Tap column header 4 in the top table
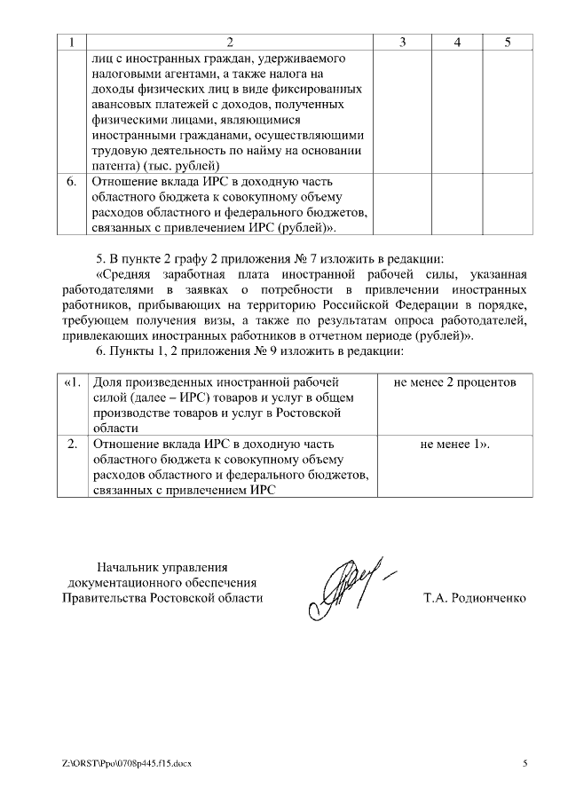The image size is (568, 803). (457, 42)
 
